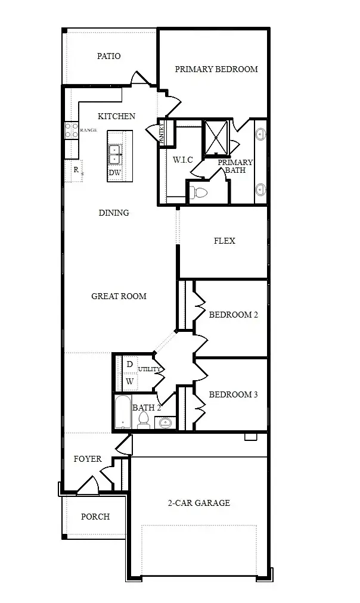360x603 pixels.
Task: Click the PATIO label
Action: point(109,56)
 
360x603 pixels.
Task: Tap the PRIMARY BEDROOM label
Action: point(216,69)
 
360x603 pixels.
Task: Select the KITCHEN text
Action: point(116,116)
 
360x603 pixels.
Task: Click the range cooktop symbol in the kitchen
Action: point(72,130)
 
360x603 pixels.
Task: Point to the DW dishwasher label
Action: point(114,173)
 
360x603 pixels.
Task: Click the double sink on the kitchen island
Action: point(114,154)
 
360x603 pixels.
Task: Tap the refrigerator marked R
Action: point(76,170)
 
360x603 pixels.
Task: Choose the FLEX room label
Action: point(224,241)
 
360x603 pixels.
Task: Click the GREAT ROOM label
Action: point(119,296)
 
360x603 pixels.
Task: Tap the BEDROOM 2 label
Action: point(233,315)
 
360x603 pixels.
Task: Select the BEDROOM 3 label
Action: point(233,394)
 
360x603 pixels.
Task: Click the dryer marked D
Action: point(129,365)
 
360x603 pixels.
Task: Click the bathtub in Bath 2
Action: point(123,412)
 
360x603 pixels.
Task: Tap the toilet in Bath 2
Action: point(144,421)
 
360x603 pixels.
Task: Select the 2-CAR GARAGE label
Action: point(198,503)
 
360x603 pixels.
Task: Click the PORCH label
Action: point(95,517)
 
